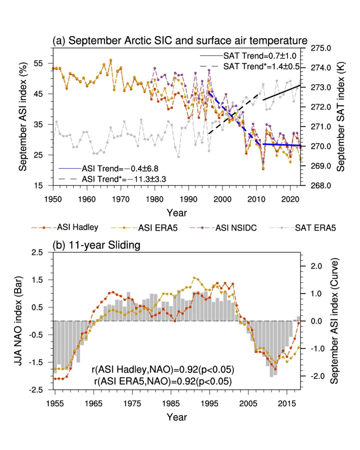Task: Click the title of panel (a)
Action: (180, 41)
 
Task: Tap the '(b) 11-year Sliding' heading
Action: (96, 245)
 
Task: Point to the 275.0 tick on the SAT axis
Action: (321, 48)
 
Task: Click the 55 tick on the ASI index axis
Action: (38, 63)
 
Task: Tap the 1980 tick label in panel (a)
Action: (155, 199)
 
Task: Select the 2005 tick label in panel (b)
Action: (248, 404)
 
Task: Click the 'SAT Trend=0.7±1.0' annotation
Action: (260, 56)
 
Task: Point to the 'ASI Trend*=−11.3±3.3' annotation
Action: (124, 179)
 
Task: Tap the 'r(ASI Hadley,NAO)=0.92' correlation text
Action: (163, 370)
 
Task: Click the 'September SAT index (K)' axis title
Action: (340, 117)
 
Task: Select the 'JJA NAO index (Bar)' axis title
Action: (18, 321)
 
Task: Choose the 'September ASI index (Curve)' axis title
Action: (334, 321)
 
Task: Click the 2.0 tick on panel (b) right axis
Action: (316, 266)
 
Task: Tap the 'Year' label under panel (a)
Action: (177, 213)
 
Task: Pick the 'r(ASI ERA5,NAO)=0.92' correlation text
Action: (163, 381)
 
